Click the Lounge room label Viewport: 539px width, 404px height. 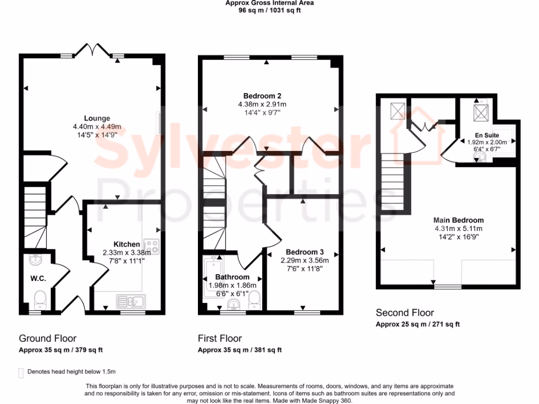pyautogui.click(x=97, y=118)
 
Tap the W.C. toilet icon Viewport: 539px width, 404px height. pyautogui.click(x=40, y=300)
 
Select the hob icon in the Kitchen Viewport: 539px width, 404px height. pyautogui.click(x=152, y=247)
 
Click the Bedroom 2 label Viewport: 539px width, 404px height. pyautogui.click(x=262, y=96)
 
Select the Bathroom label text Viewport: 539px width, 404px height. pyautogui.click(x=232, y=277)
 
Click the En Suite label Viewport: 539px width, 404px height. pyautogui.click(x=486, y=135)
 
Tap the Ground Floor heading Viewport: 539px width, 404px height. pyautogui.click(x=47, y=338)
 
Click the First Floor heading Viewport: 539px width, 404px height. pyautogui.click(x=220, y=338)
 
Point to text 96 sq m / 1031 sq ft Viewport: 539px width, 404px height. pyautogui.click(x=269, y=9)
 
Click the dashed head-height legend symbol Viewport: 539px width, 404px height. pyautogui.click(x=21, y=372)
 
